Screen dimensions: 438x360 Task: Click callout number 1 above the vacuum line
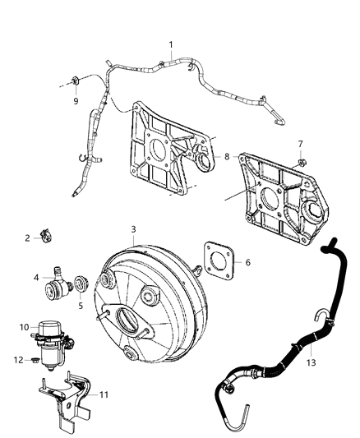(x=171, y=44)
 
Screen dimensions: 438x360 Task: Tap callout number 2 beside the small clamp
(x=27, y=238)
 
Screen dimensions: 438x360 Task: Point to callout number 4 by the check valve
(x=35, y=278)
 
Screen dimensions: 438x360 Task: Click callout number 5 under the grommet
(x=80, y=305)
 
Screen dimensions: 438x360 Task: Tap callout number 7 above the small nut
(x=301, y=144)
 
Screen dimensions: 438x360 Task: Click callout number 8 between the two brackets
(x=228, y=154)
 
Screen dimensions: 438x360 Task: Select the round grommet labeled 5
(x=81, y=286)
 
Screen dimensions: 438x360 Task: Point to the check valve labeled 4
(x=58, y=282)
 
